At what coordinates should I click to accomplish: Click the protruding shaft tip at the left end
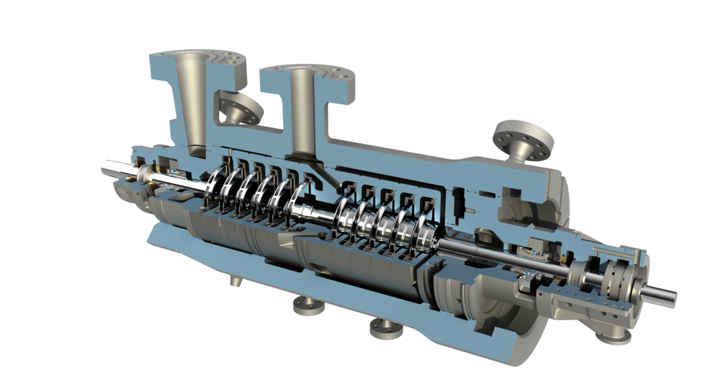[x=107, y=167]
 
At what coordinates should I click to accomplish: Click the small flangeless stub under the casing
[x=235, y=281]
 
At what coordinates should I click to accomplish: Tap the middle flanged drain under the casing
[x=308, y=306]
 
